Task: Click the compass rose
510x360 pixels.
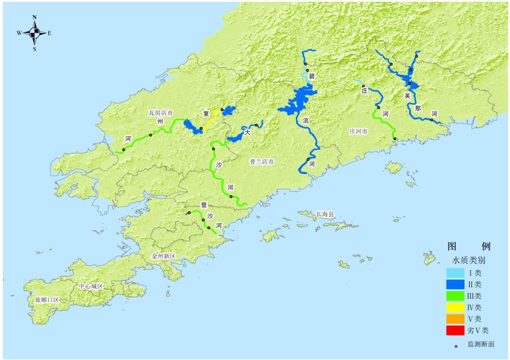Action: (x=34, y=33)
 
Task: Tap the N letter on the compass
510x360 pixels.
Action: (x=34, y=17)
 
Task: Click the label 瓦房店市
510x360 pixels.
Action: (x=161, y=113)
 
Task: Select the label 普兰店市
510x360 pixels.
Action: (x=262, y=161)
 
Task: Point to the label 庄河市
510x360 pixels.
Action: (x=358, y=131)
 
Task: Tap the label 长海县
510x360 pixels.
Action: (x=325, y=214)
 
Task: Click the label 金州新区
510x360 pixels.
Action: (x=163, y=256)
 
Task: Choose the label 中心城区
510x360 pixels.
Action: (x=91, y=286)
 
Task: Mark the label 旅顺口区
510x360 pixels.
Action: (x=47, y=300)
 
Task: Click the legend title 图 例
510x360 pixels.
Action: (x=469, y=246)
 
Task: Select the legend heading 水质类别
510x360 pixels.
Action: (x=469, y=260)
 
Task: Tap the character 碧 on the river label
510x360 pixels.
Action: (x=311, y=76)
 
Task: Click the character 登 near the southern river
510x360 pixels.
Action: (x=204, y=205)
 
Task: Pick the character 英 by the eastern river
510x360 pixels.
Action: (x=407, y=95)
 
